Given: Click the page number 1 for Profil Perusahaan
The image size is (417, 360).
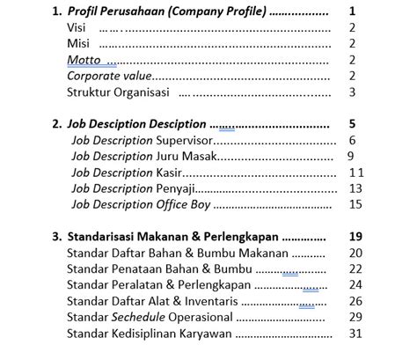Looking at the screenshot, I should click(x=352, y=12).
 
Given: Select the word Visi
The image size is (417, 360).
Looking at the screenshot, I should click(x=77, y=28).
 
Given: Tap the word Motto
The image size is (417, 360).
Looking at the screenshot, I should click(x=83, y=60).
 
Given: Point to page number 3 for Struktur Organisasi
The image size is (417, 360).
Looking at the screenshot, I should click(x=352, y=92).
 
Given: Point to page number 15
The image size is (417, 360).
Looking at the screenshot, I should click(x=355, y=203).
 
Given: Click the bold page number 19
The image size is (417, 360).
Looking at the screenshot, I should click(x=355, y=236).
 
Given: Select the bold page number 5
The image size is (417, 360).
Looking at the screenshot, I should click(x=352, y=124).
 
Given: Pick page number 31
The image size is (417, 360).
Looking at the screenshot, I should click(x=355, y=333).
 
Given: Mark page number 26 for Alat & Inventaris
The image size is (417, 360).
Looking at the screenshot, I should click(x=355, y=300).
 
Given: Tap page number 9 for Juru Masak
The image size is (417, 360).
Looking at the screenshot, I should click(x=350, y=156).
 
